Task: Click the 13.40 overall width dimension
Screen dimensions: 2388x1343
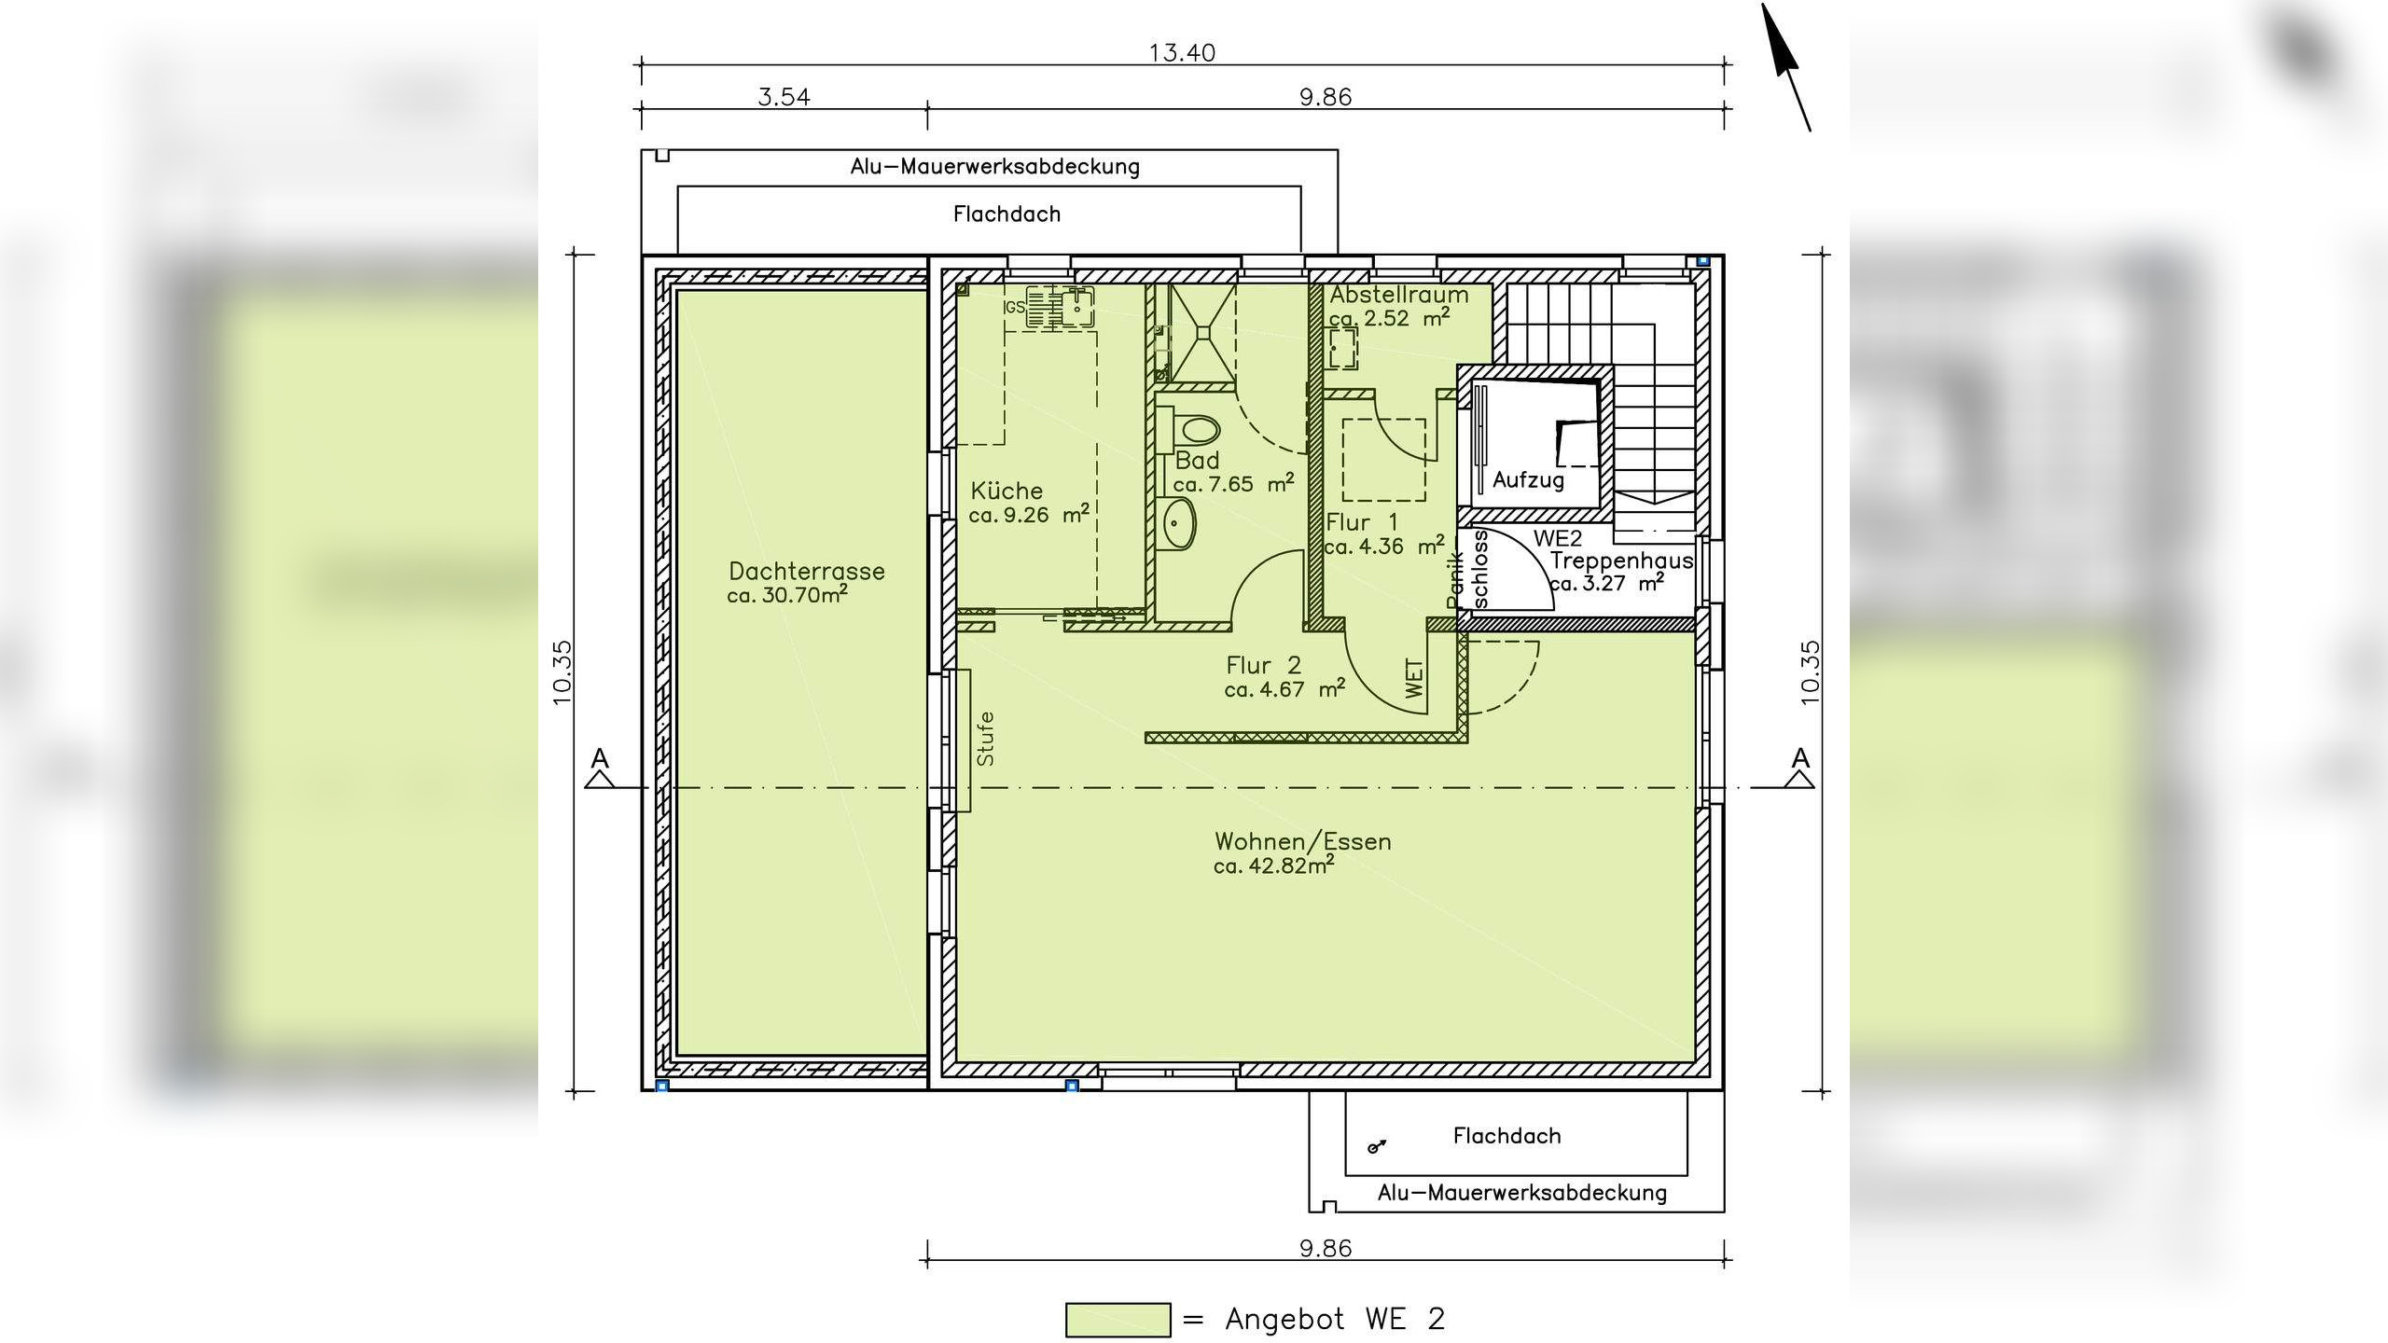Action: coord(1182,52)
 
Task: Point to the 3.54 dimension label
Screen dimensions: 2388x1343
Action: coord(784,97)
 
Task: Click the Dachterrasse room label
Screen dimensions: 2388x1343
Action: coord(807,571)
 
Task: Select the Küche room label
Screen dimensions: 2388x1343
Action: coord(1007,491)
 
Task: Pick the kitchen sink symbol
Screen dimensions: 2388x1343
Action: coord(1061,307)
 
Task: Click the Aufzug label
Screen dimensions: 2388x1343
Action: coord(1528,480)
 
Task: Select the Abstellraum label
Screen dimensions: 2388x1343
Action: coord(1399,295)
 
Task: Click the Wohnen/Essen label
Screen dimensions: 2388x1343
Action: coord(1303,841)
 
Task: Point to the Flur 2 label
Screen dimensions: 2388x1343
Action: coord(1263,665)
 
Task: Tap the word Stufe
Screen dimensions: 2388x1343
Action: coord(985,739)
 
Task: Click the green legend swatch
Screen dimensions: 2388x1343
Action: coord(1118,1320)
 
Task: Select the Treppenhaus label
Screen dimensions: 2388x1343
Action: coord(1621,561)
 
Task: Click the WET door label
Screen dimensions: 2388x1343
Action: coord(1414,678)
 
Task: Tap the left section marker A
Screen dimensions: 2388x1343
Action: coord(600,768)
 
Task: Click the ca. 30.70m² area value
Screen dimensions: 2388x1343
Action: coord(787,595)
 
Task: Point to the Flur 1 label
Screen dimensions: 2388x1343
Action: coord(1362,522)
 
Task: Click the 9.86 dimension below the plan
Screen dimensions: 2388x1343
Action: coord(1326,1248)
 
